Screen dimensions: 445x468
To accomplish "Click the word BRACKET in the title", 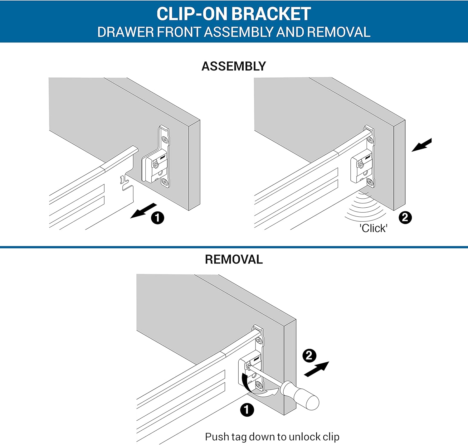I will [271, 14].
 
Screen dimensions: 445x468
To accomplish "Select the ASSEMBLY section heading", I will [233, 66].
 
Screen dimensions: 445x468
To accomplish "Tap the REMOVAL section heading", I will [234, 259].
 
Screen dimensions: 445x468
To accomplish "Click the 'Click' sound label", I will [373, 228].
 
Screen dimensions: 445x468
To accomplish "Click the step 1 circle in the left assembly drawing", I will [158, 218].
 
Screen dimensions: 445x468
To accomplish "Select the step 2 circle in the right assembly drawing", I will [405, 217].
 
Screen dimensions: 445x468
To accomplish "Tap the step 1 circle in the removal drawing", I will [247, 410].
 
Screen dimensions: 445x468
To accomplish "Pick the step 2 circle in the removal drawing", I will [309, 356].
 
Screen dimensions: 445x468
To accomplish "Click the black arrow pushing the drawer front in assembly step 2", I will [422, 145].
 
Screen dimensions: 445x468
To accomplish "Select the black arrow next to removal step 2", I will [316, 369].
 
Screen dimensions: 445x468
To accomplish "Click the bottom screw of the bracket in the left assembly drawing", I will [165, 182].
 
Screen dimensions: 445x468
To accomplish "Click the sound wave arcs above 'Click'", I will [365, 207].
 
